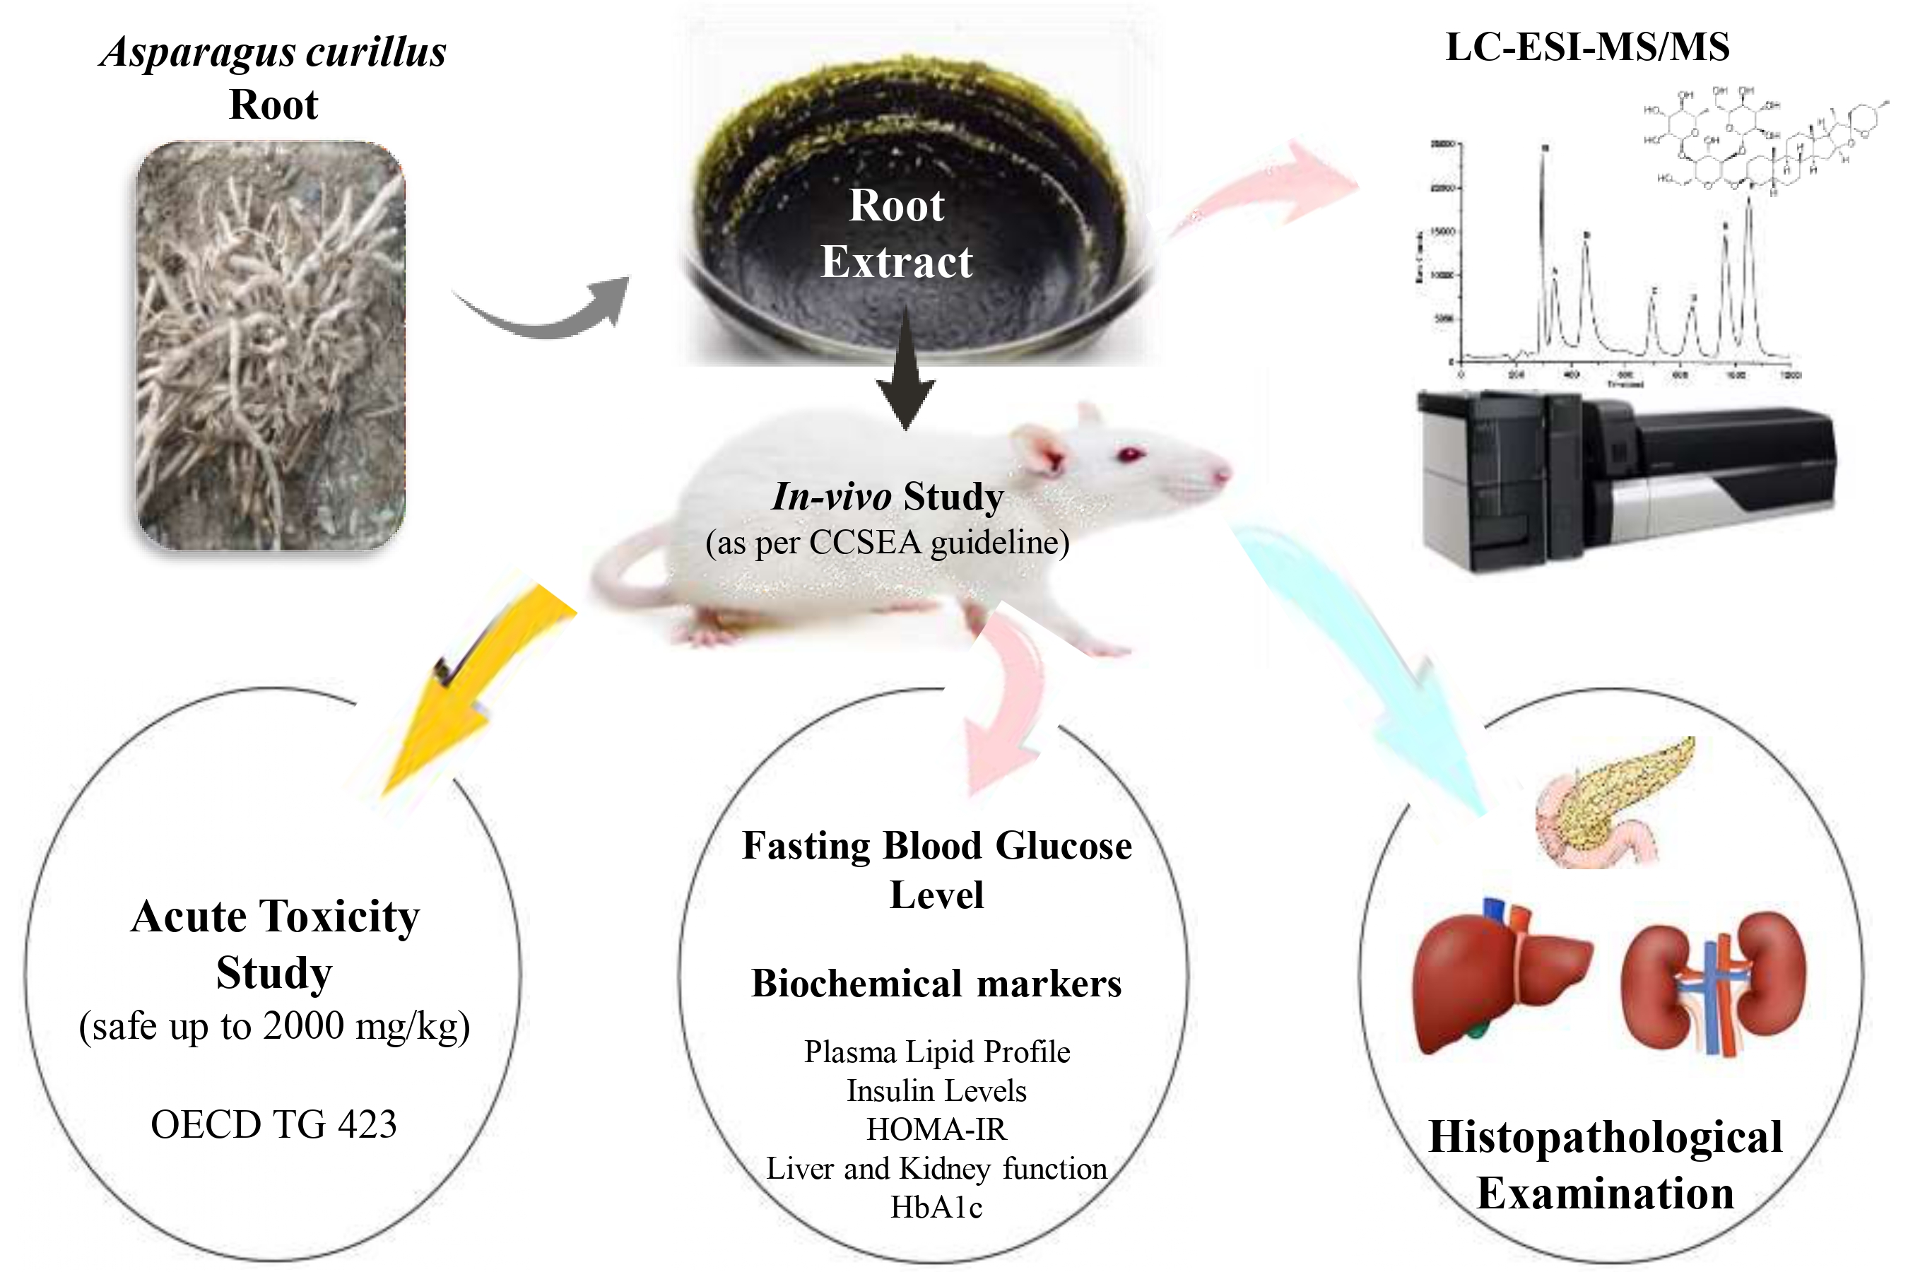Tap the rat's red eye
click(x=1130, y=454)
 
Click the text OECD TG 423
click(x=273, y=1124)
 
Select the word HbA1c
click(x=936, y=1208)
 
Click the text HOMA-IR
click(x=936, y=1130)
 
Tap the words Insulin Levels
click(x=936, y=1091)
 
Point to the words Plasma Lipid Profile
click(x=936, y=1052)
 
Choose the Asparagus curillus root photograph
click(x=270, y=346)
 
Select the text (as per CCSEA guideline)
click(x=888, y=543)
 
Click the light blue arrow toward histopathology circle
click(x=1363, y=665)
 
